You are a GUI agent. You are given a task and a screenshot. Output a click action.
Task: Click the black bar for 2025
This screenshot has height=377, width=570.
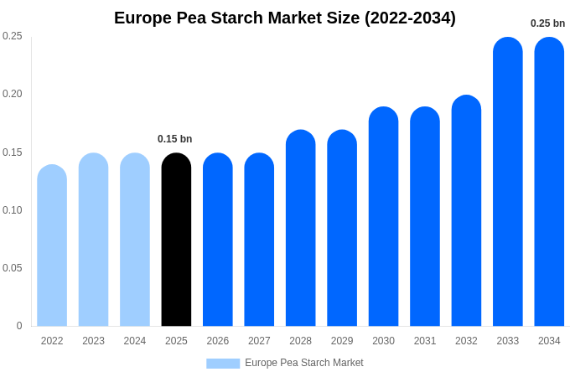[x=176, y=240]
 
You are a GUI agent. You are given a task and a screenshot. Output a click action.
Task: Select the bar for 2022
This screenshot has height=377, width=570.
[x=52, y=246]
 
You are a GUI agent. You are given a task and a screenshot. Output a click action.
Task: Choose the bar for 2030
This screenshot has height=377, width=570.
[x=383, y=217]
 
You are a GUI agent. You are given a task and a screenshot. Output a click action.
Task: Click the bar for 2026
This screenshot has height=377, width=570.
[x=217, y=240]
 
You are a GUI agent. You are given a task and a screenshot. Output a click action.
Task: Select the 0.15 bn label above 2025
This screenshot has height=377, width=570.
[x=174, y=139]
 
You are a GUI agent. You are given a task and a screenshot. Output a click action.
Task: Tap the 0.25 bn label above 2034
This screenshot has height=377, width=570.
[x=547, y=23]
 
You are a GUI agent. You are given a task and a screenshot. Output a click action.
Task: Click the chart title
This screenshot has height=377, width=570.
[x=285, y=18]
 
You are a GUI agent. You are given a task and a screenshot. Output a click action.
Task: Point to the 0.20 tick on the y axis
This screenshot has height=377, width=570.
[x=13, y=94]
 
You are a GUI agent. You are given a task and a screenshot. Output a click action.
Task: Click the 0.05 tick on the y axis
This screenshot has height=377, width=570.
[x=13, y=268]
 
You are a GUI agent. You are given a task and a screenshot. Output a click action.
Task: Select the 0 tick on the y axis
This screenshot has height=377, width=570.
[x=19, y=326]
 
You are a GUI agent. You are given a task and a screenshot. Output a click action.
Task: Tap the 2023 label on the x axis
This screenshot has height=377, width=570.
[x=93, y=341]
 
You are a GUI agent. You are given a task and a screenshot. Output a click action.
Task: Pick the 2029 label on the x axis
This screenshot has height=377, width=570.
[x=342, y=341]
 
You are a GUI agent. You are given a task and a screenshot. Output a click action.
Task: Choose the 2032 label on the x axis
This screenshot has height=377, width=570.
[x=466, y=341]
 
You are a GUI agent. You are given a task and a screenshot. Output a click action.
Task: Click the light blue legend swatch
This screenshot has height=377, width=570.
[x=223, y=364]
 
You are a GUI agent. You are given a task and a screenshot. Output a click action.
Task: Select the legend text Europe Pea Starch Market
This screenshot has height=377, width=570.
[x=304, y=363]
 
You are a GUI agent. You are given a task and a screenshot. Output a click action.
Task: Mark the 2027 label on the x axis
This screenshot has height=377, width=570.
[x=259, y=341]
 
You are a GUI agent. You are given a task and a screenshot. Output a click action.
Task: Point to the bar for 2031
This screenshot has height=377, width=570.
[x=424, y=217]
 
